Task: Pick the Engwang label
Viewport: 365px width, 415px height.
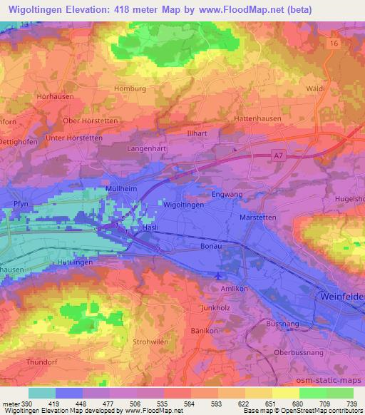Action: (x=227, y=193)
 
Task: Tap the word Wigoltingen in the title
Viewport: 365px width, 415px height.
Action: (x=38, y=9)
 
